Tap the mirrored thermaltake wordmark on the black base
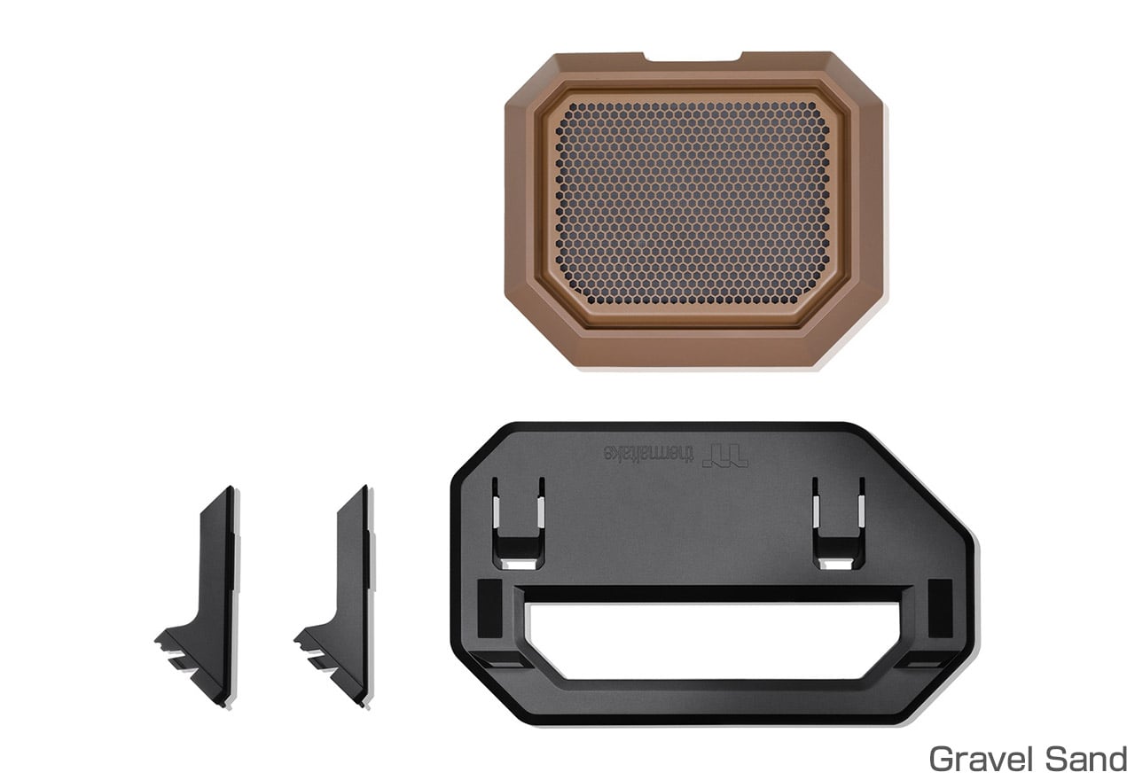pyautogui.click(x=650, y=453)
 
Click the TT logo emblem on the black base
pyautogui.click(x=725, y=456)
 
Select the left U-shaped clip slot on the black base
pyautogui.click(x=519, y=524)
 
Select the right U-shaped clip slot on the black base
pyautogui.click(x=839, y=524)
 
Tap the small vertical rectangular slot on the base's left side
pyautogui.click(x=489, y=608)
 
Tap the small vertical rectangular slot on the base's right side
pyautogui.click(x=940, y=608)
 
